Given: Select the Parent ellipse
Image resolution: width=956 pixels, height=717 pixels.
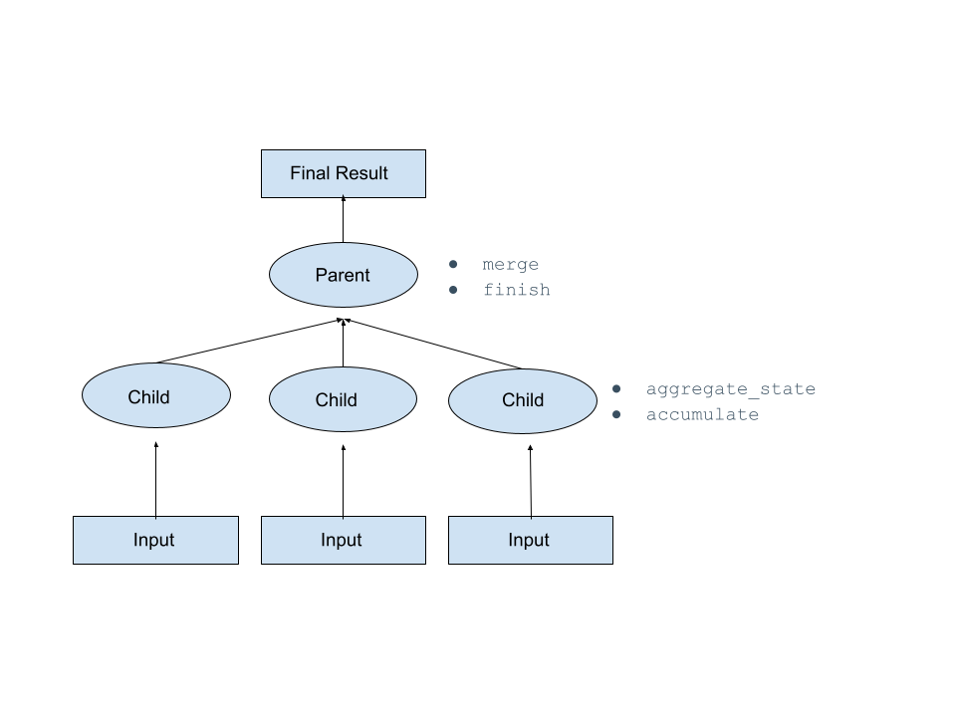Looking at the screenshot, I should [x=343, y=275].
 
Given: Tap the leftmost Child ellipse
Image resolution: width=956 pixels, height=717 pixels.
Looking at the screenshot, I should [x=155, y=396].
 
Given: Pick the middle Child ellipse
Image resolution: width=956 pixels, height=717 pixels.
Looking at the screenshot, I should [x=343, y=399].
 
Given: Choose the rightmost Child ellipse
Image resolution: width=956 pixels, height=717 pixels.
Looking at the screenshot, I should [x=523, y=400].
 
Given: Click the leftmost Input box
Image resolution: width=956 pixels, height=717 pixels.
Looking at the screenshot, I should [x=155, y=540].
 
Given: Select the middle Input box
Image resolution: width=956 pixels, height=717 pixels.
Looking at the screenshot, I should [x=343, y=540].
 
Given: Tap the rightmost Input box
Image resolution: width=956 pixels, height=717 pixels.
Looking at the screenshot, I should [x=530, y=540].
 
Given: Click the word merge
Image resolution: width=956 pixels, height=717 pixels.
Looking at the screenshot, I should [x=510, y=265].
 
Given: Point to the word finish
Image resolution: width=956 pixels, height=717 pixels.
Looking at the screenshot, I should [x=516, y=290].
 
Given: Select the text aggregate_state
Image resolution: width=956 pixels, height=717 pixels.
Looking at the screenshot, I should [x=730, y=389].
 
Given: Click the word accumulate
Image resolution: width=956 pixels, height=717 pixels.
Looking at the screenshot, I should [x=702, y=414].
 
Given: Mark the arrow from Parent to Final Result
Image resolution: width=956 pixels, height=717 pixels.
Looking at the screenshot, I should [x=343, y=220].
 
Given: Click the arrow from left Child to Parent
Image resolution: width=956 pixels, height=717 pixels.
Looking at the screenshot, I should [x=249, y=341].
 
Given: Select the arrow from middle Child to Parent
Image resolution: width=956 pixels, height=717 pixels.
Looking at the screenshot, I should [x=343, y=344].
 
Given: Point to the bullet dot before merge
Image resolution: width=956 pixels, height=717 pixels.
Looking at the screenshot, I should [x=453, y=265].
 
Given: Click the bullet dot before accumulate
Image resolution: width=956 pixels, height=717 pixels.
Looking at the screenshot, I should [x=616, y=414].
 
